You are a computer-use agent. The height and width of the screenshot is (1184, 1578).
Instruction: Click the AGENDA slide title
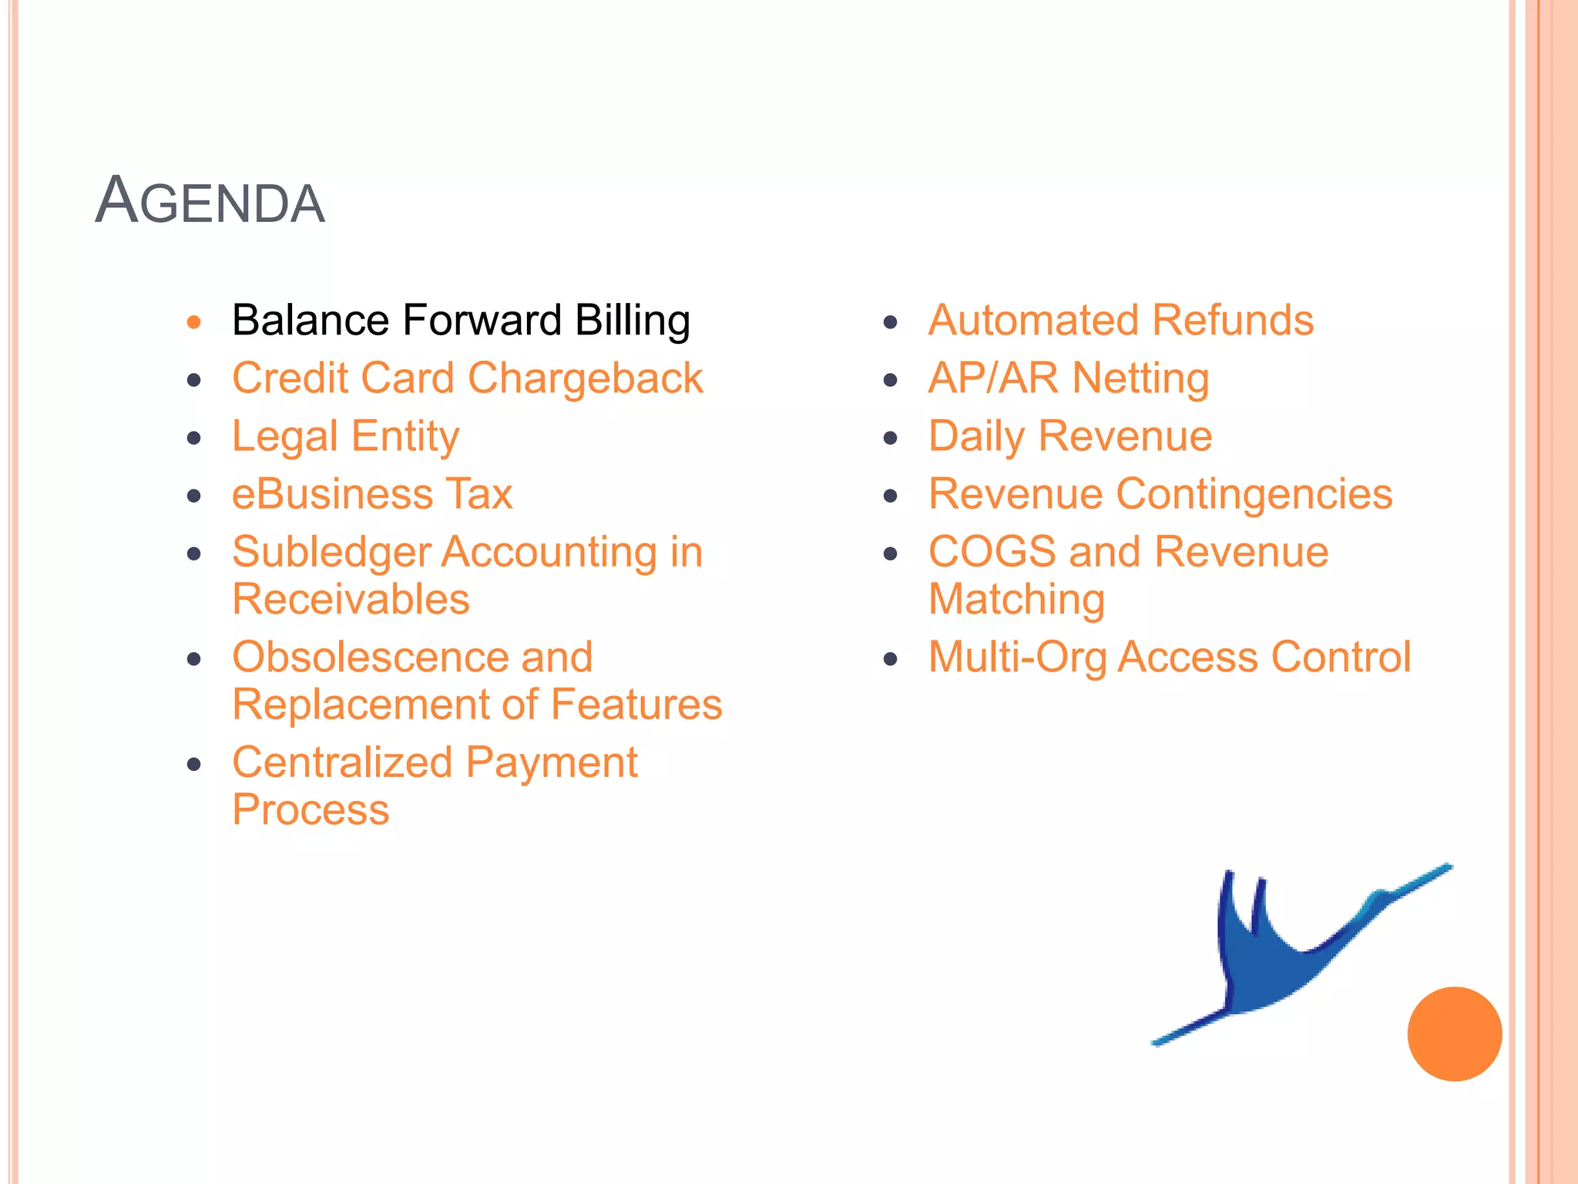(x=210, y=202)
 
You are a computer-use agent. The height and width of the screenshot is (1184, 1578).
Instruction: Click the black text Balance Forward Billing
(x=460, y=321)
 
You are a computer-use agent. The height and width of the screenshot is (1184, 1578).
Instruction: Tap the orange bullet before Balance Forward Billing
(x=194, y=322)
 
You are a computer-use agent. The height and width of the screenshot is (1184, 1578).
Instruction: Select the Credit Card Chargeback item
(x=467, y=378)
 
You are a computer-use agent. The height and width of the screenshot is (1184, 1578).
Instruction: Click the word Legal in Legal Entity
(x=284, y=437)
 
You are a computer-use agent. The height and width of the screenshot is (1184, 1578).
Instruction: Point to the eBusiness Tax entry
(x=372, y=494)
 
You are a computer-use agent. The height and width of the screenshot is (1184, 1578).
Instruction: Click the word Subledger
(x=331, y=553)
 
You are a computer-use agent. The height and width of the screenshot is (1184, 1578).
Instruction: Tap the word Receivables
(x=351, y=600)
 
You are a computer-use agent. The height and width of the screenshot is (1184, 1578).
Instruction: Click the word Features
(x=636, y=705)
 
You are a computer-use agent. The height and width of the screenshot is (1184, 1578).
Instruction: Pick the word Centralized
(x=342, y=763)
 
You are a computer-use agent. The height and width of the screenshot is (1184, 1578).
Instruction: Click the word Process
(x=311, y=810)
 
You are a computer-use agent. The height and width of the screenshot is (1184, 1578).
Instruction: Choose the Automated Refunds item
(x=1120, y=321)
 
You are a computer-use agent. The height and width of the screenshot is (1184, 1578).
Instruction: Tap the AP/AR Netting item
(x=1068, y=378)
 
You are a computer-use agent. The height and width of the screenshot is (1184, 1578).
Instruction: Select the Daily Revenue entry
(x=1069, y=436)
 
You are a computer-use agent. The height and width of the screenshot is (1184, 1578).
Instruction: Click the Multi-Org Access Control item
(x=1169, y=658)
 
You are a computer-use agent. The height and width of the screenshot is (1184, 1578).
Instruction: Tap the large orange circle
(x=1454, y=1034)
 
